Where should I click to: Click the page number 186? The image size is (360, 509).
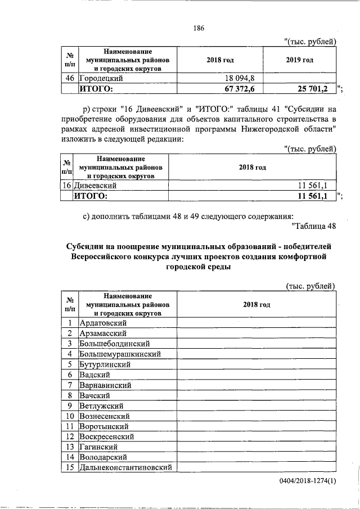click(x=198, y=29)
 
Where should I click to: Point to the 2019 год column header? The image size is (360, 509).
click(x=300, y=60)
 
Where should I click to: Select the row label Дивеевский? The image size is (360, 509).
click(x=96, y=185)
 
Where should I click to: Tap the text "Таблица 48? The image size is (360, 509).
click(x=314, y=226)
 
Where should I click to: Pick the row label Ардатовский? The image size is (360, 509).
click(x=103, y=322)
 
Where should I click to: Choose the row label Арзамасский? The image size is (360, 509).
click(x=103, y=333)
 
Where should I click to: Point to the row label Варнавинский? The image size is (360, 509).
click(x=106, y=385)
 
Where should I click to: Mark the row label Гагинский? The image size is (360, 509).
click(x=98, y=447)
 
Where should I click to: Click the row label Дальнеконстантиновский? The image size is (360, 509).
click(x=126, y=467)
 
